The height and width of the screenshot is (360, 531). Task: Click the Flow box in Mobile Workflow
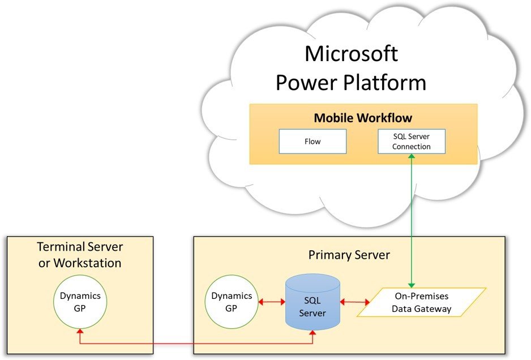(x=312, y=142)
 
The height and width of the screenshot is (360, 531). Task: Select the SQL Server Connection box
(x=412, y=142)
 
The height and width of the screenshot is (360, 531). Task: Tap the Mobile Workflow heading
(x=363, y=118)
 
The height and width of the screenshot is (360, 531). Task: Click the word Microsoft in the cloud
(x=351, y=54)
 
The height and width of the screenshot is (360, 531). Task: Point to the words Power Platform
(x=351, y=82)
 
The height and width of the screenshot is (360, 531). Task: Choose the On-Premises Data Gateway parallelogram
(x=422, y=302)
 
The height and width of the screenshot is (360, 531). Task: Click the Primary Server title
(x=349, y=255)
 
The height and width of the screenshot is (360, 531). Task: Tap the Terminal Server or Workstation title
(x=80, y=255)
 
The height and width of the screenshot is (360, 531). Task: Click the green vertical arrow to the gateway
(x=412, y=221)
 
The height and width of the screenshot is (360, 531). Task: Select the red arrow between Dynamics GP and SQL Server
(x=272, y=302)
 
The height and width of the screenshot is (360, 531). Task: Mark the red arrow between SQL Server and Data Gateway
(x=354, y=302)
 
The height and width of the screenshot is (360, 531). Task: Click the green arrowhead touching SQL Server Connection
(x=412, y=157)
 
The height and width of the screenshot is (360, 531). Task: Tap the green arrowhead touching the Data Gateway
(x=412, y=284)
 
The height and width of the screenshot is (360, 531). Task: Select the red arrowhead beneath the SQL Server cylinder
(x=312, y=333)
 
